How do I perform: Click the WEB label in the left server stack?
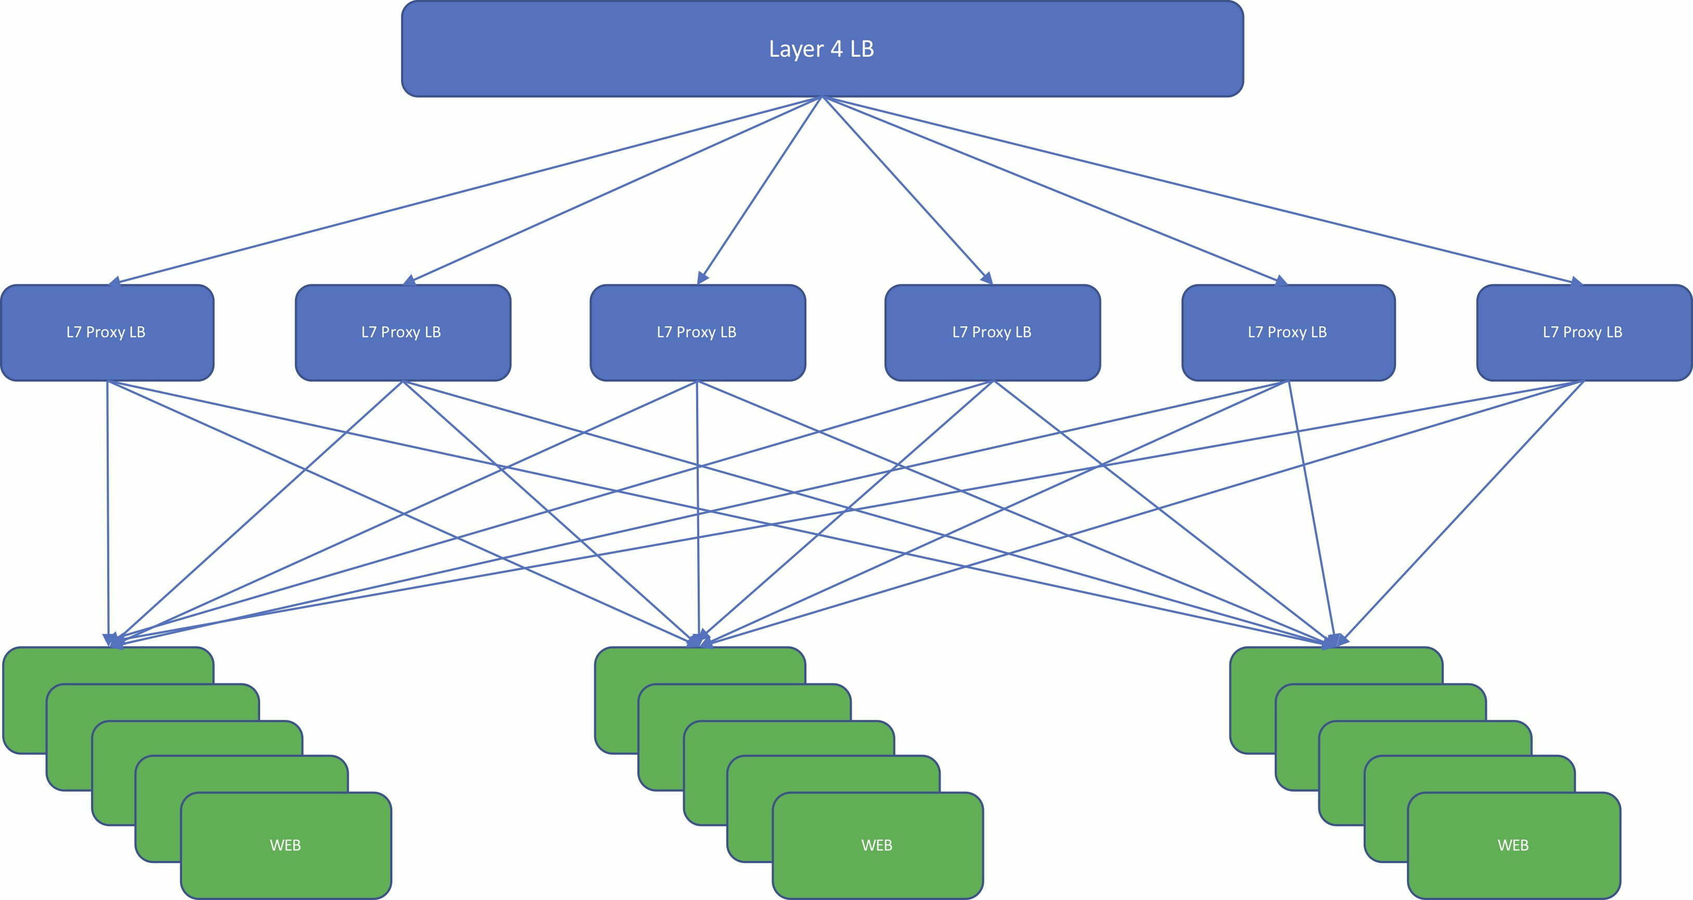click(x=285, y=845)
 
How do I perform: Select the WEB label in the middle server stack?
click(x=877, y=845)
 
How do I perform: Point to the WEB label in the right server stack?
click(x=1513, y=845)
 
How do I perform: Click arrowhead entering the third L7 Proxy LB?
click(x=702, y=278)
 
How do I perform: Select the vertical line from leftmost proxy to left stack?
click(x=108, y=513)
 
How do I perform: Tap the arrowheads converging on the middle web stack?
click(x=699, y=640)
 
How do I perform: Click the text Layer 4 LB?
click(x=821, y=48)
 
